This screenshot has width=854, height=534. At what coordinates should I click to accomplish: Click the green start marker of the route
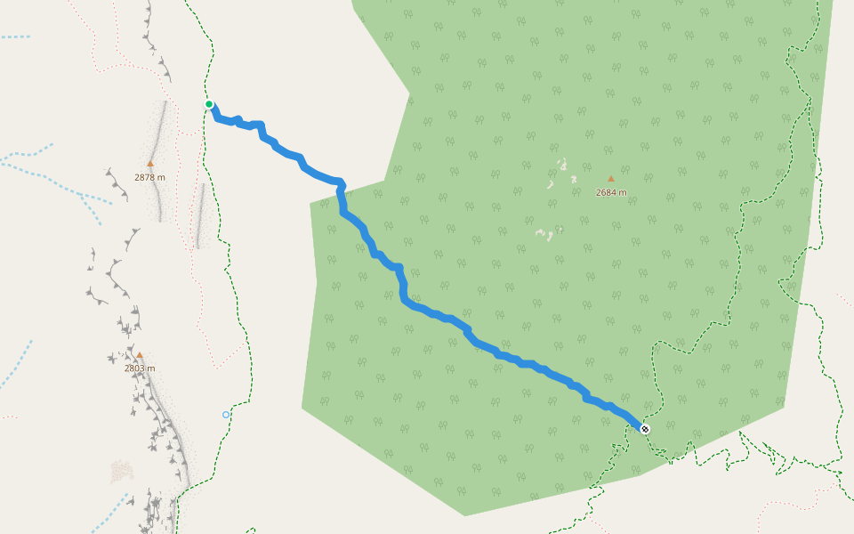pos(209,104)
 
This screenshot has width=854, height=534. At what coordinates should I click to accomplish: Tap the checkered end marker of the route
pos(645,429)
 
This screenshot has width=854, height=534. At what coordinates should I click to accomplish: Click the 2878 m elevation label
pos(149,177)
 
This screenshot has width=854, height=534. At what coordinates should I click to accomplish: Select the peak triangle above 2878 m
pos(150,164)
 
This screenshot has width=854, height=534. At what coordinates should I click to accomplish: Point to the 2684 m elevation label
pos(611,192)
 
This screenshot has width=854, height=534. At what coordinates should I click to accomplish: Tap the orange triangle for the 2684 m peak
pos(611,179)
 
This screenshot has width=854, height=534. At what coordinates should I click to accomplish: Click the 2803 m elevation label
pos(140,368)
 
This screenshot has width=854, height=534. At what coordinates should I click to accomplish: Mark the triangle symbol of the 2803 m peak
pos(139,355)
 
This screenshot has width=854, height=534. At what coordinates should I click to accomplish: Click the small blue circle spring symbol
pos(226,415)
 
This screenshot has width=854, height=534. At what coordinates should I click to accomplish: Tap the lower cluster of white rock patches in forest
pos(544,234)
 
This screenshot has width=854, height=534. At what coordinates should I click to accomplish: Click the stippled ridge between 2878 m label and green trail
pos(199,214)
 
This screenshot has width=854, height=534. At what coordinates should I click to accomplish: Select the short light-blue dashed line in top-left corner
pos(15,36)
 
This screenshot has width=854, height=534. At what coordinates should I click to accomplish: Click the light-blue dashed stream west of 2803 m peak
pos(16,365)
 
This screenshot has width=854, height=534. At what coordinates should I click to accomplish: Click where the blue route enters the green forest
pos(340,190)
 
